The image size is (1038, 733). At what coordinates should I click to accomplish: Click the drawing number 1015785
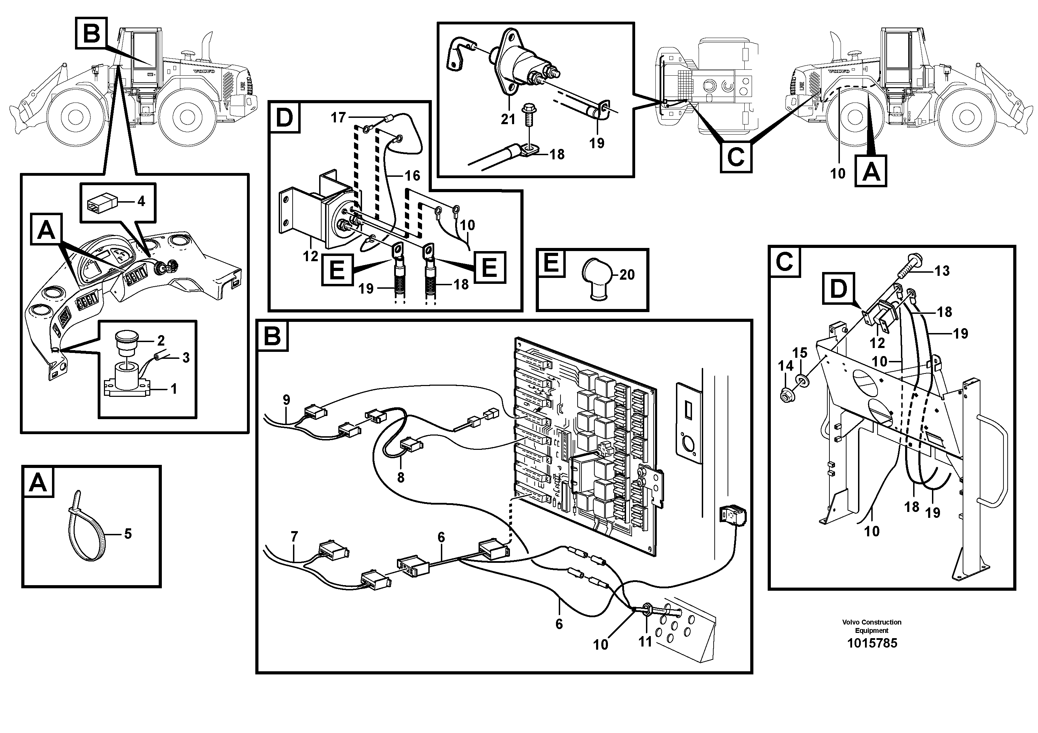click(x=872, y=643)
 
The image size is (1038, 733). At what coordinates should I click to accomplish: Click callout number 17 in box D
click(x=338, y=118)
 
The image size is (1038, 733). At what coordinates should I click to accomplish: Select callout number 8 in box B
click(x=400, y=477)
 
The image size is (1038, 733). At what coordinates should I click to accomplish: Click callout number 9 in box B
click(x=286, y=400)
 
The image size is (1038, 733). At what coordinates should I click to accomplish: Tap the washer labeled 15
click(x=805, y=380)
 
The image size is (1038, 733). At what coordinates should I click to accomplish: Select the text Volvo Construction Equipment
click(x=872, y=626)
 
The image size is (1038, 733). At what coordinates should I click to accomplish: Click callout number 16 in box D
click(x=412, y=175)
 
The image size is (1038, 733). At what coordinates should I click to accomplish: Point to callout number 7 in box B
click(x=294, y=537)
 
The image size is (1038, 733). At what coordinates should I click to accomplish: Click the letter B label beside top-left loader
click(x=91, y=33)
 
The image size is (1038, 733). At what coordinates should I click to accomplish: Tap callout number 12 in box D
click(x=310, y=257)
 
